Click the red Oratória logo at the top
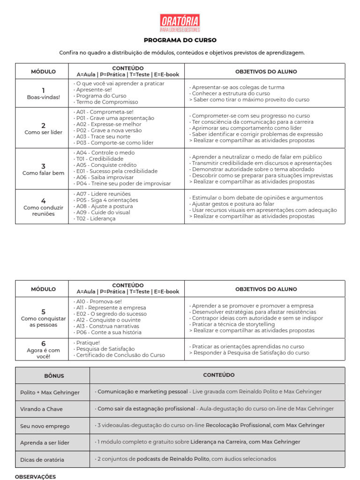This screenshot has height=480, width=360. click(x=180, y=23)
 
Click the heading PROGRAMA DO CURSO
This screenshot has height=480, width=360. click(x=180, y=40)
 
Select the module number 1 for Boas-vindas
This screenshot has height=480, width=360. click(x=43, y=90)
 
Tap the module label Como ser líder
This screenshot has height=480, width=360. click(x=43, y=132)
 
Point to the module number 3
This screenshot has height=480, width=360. click(x=43, y=166)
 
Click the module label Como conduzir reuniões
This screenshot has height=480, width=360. click(x=43, y=210)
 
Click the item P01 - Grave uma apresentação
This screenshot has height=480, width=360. click(x=115, y=118)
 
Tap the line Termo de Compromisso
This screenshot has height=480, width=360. click(x=107, y=102)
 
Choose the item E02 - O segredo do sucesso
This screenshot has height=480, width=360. click(x=111, y=314)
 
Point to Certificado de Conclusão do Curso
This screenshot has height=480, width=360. click(x=120, y=355)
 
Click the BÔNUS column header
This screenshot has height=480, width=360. click(x=54, y=376)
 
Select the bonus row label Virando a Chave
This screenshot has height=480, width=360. click(x=41, y=409)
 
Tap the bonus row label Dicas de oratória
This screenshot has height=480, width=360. click(x=42, y=460)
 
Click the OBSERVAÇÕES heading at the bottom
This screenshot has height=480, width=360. click(x=35, y=477)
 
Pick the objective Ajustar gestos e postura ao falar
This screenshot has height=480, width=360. click(x=232, y=204)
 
